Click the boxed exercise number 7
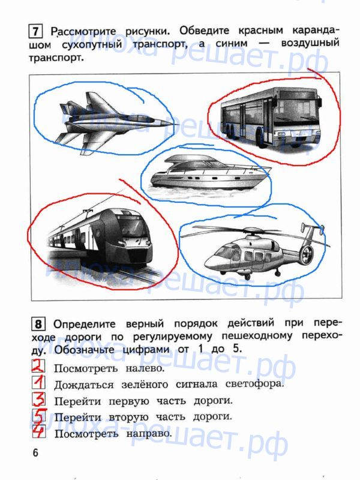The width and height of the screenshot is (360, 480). pyautogui.click(x=35, y=32)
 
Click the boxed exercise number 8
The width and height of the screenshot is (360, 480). pyautogui.click(x=38, y=324)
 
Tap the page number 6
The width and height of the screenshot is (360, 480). pyautogui.click(x=35, y=452)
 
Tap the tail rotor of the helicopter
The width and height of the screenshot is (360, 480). pyautogui.click(x=305, y=254)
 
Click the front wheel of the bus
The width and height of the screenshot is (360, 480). pyautogui.click(x=260, y=139)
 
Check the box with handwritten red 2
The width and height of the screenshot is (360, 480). pyautogui.click(x=38, y=366)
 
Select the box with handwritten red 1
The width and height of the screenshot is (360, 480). pyautogui.click(x=38, y=382)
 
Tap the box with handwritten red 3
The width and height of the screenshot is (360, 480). pyautogui.click(x=38, y=399)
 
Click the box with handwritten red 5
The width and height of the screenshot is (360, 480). pyautogui.click(x=38, y=415)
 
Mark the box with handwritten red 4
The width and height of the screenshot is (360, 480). pyautogui.click(x=38, y=431)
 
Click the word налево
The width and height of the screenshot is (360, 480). pyautogui.click(x=145, y=368)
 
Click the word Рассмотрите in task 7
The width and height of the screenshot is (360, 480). pyautogui.click(x=83, y=32)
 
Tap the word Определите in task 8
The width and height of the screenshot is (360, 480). pyautogui.click(x=85, y=324)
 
